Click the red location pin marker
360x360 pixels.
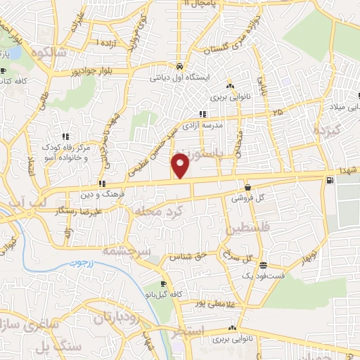[181, 165]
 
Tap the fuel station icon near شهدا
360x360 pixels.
[328, 181]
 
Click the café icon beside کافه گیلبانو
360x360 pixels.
[164, 284]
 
